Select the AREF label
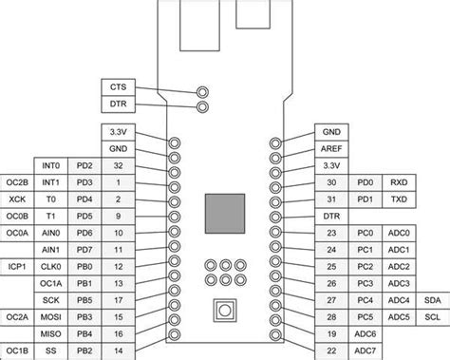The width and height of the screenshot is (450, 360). click(x=331, y=149)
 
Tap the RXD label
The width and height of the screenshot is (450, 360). click(x=399, y=182)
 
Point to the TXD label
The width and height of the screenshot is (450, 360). click(x=399, y=199)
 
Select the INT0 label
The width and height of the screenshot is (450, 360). click(x=50, y=165)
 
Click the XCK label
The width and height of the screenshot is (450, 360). click(x=17, y=199)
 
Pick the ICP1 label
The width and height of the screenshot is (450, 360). click(x=17, y=267)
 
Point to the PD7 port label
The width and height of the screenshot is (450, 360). click(x=84, y=250)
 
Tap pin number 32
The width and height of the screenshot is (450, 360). click(x=118, y=165)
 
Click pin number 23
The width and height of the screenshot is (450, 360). click(x=331, y=233)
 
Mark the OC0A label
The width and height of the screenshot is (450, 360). click(x=17, y=233)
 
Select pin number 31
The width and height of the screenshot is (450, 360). click(x=331, y=199)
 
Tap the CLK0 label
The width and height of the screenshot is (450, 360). click(x=50, y=267)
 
